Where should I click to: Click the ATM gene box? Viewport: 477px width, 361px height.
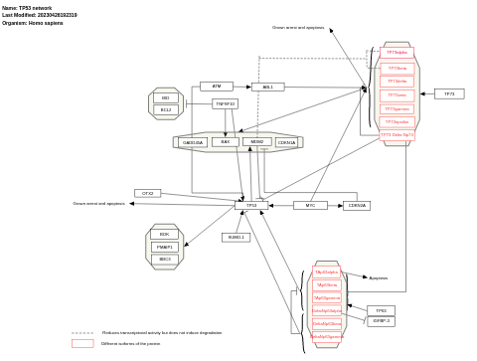[x=216, y=87]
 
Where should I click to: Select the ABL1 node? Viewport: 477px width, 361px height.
[x=267, y=88]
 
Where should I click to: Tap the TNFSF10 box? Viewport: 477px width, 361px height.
[x=225, y=103]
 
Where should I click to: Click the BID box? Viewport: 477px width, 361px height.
[x=165, y=98]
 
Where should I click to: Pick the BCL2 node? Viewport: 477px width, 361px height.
[x=165, y=109]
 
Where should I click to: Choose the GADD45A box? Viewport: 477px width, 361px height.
[x=193, y=142]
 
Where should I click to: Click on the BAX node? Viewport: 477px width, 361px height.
[x=225, y=142]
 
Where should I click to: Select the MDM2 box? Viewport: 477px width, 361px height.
[x=256, y=142]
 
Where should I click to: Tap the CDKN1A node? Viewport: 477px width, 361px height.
[x=286, y=142]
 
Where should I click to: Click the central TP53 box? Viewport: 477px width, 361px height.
[x=251, y=205]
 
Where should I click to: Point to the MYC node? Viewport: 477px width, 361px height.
[x=310, y=206]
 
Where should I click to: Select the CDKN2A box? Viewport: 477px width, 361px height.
[x=356, y=206]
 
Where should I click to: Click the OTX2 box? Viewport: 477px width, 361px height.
[x=147, y=193]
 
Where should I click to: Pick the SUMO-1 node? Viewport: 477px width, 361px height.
[x=236, y=237]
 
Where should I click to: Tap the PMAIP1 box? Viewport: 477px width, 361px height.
[x=164, y=247]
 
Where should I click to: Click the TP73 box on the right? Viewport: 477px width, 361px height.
[x=449, y=93]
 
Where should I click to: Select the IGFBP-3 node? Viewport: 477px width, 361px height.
[x=381, y=321]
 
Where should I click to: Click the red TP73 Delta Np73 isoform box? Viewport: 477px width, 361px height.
[x=397, y=134]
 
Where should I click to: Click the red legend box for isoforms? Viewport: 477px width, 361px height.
[x=82, y=343]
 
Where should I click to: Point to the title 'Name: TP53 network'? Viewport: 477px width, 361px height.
[x=27, y=8]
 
